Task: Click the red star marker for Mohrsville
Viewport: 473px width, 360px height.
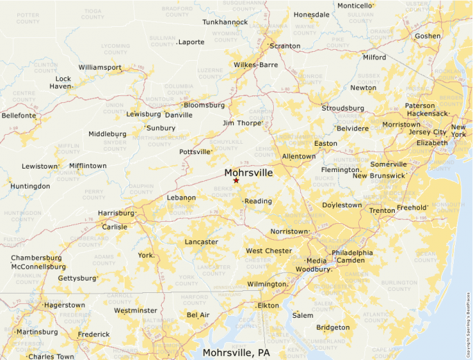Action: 236,181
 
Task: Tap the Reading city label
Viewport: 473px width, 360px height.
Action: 259,201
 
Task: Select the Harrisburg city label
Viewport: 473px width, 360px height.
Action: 116,214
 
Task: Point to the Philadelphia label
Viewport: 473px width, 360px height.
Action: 352,253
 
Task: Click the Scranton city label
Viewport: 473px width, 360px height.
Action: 285,46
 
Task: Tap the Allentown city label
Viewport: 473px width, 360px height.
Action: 298,157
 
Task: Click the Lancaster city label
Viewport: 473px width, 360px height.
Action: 201,242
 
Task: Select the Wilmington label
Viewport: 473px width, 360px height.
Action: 266,284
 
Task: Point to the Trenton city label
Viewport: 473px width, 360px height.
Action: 382,210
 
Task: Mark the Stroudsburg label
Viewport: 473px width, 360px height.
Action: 343,108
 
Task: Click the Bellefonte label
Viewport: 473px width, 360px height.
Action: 19,115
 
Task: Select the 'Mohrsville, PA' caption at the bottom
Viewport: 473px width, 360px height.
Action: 236,352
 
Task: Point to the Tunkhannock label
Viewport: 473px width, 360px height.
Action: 225,22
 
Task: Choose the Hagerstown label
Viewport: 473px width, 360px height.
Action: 64,305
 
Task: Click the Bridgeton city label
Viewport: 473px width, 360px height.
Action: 333,328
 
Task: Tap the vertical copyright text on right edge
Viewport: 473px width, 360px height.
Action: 467,321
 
